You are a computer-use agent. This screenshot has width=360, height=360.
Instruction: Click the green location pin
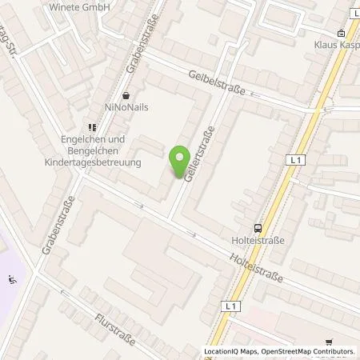click(x=180, y=156)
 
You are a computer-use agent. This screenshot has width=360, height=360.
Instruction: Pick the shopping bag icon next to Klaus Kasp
click(x=342, y=34)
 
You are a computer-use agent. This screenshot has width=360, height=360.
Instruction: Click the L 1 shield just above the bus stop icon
click(x=295, y=161)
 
